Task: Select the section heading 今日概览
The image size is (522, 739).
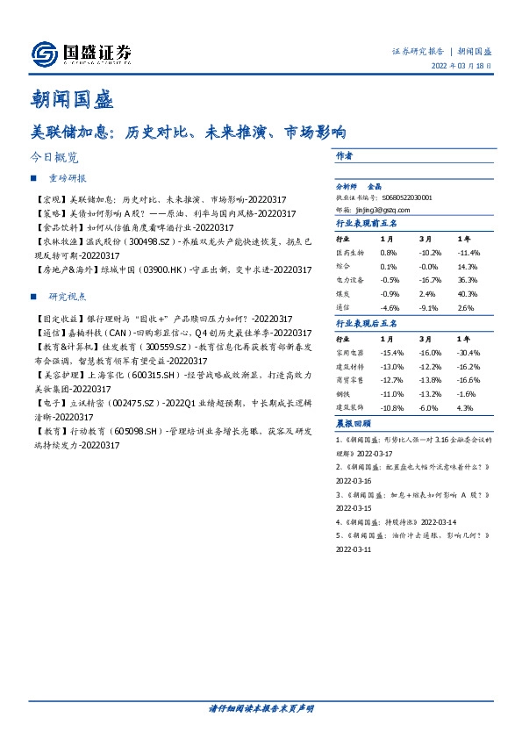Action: pyautogui.click(x=54, y=158)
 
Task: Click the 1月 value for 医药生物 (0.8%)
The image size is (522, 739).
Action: pyautogui.click(x=389, y=253)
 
